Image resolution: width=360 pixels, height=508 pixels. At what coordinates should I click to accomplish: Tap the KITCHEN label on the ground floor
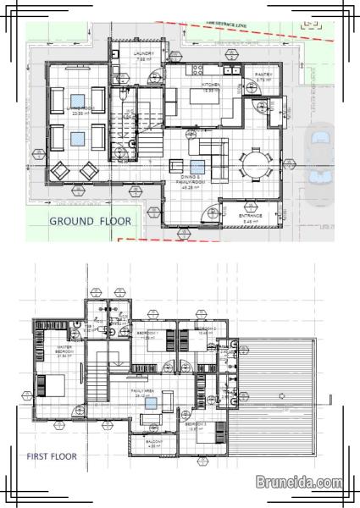point(211,86)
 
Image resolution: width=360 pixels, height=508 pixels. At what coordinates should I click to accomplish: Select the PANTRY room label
point(264,77)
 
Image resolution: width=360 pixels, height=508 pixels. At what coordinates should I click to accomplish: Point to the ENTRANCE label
point(250,218)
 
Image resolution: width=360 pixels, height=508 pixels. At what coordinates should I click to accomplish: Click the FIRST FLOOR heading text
point(51,456)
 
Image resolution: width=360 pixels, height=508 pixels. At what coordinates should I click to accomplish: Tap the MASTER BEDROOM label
point(64,351)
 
